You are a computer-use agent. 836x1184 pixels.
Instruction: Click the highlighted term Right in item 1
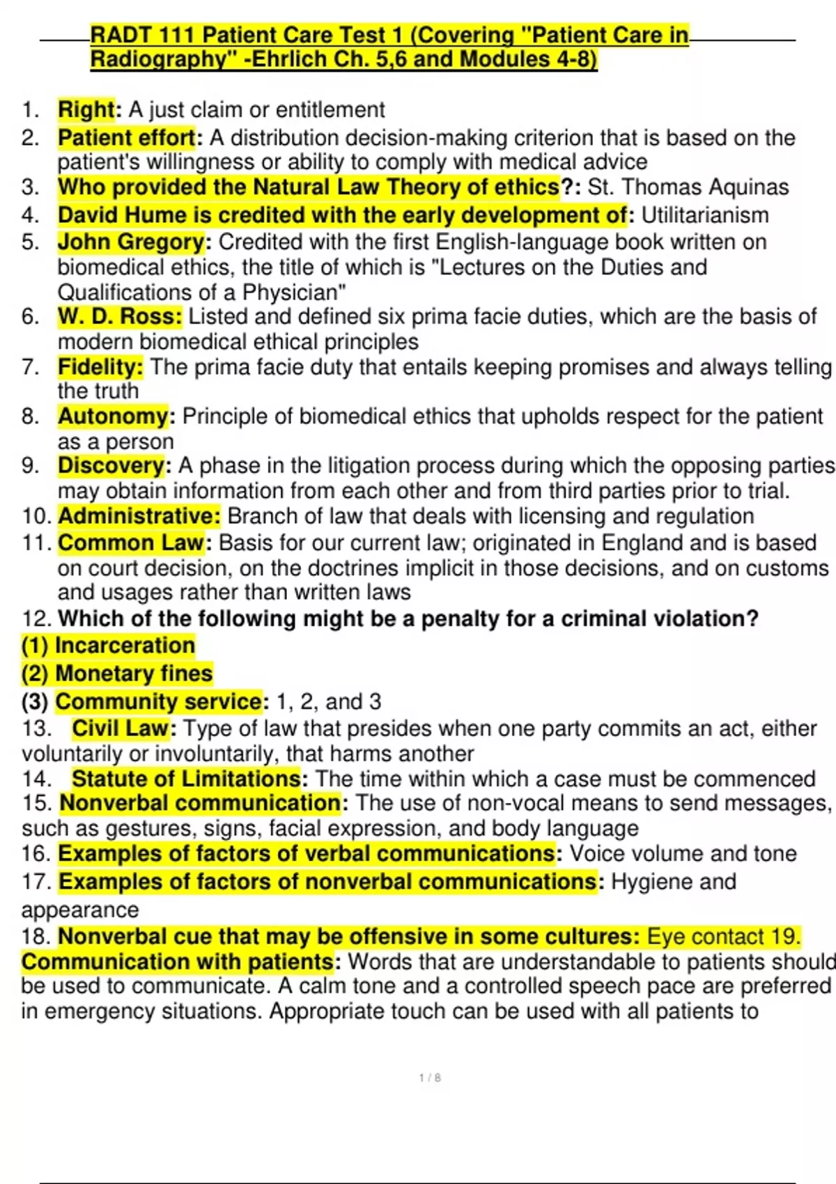[86, 110]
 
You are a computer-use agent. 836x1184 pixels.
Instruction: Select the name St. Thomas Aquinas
[688, 187]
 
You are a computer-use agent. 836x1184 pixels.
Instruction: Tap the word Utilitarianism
[704, 215]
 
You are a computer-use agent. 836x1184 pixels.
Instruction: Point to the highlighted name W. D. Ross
[119, 317]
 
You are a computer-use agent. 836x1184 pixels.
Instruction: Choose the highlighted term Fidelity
[100, 367]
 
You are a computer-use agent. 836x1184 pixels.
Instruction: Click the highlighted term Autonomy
[113, 416]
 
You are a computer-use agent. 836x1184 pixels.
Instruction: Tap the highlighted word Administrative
[139, 516]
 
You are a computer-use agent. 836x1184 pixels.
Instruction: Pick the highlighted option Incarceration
[125, 646]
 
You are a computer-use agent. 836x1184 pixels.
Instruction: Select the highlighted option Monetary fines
[134, 673]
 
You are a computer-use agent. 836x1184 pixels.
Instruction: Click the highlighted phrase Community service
[159, 701]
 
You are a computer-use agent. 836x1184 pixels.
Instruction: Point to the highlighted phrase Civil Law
[120, 729]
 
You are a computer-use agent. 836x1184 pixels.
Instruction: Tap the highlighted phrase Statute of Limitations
[186, 779]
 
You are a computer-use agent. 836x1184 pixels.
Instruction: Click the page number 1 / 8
[430, 1078]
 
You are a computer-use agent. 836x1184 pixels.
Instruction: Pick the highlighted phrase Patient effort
[126, 138]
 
